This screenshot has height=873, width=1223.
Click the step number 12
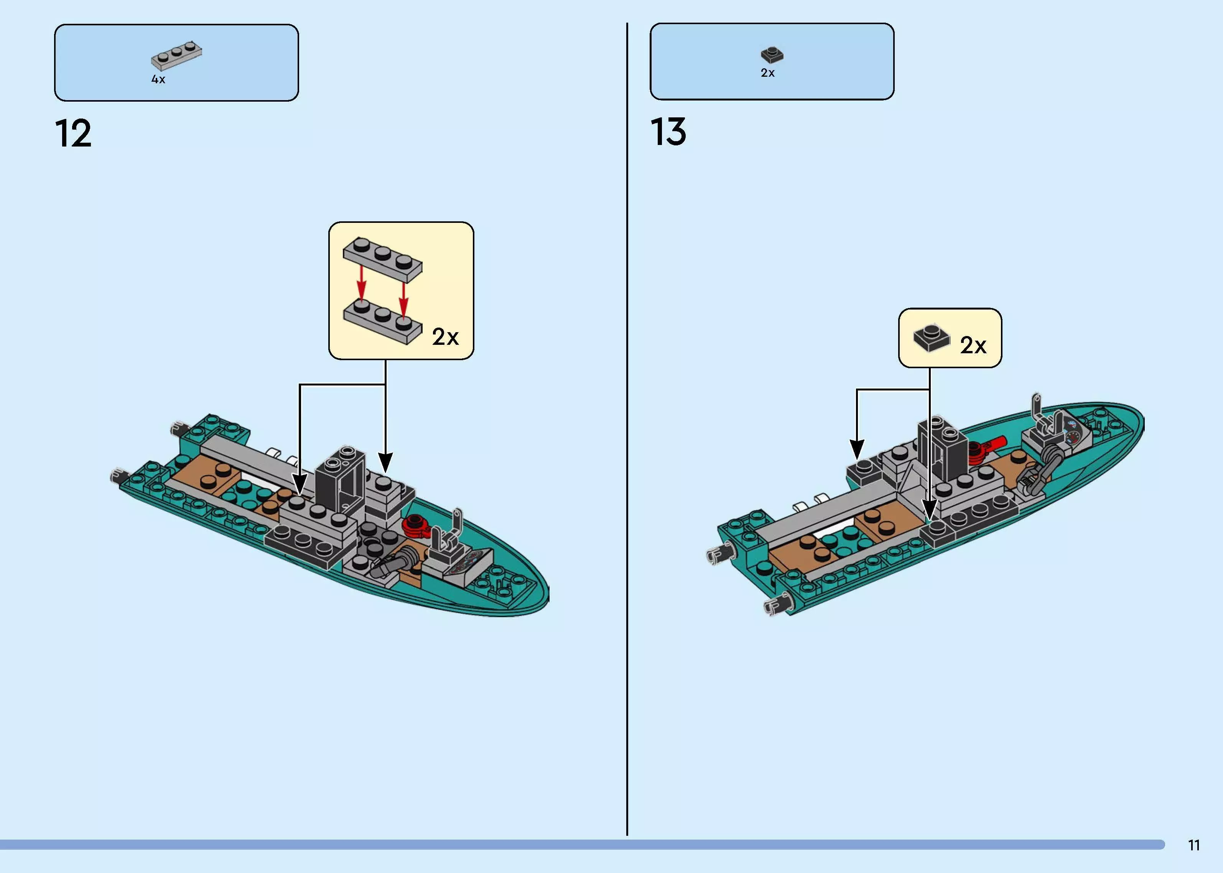coord(73,133)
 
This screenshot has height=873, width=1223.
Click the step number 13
coord(668,132)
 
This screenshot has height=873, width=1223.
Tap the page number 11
coord(1194,846)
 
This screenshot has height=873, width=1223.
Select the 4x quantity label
coord(158,79)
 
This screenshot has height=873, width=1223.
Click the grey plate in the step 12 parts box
coord(177,55)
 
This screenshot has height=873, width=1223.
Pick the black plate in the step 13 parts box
coord(772,54)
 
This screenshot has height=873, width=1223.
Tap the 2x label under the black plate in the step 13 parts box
coord(767,72)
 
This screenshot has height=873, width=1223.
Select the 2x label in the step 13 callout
coord(973,345)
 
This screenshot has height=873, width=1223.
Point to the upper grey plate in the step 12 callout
coord(383,260)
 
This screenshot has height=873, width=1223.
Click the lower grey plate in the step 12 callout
coord(383,321)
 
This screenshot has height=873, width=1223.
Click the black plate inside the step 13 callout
coord(931,339)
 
